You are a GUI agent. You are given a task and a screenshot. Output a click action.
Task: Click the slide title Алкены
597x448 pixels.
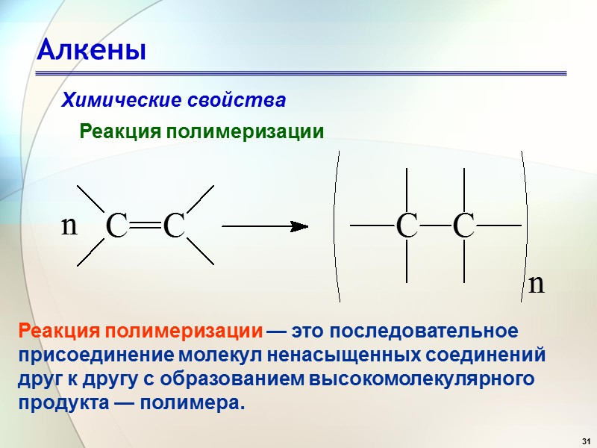(x=91, y=51)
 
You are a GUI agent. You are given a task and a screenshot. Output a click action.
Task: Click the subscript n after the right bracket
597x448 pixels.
(x=536, y=284)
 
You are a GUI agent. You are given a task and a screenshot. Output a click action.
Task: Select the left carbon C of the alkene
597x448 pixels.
(x=117, y=225)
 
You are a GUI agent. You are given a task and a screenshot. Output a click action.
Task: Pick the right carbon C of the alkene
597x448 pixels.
(x=173, y=225)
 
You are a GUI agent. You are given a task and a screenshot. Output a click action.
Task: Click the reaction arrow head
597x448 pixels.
(x=300, y=225)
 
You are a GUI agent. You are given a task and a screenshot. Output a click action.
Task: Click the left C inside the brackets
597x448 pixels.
(x=407, y=225)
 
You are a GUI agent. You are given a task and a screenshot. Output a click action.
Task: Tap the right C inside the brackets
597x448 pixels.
(x=463, y=225)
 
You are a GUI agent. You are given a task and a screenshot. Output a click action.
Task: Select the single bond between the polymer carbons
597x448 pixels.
(x=435, y=225)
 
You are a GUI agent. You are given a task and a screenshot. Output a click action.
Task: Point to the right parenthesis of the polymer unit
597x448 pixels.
(x=526, y=225)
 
